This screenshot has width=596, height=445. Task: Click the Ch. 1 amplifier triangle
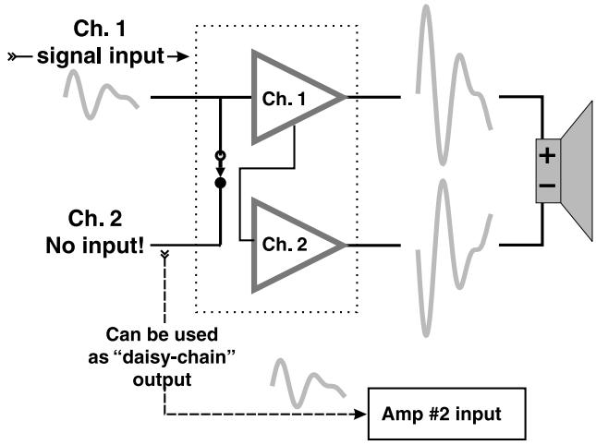pyautogui.click(x=255, y=97)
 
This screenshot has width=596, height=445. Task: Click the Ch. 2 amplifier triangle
pyautogui.click(x=255, y=245)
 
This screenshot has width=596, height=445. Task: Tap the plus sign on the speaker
pyautogui.click(x=547, y=156)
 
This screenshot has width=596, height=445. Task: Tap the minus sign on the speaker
pyautogui.click(x=547, y=186)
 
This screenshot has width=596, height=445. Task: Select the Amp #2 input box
pyautogui.click(x=446, y=414)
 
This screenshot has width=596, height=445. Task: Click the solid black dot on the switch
pyautogui.click(x=221, y=183)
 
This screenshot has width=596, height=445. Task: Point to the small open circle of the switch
pyautogui.click(x=221, y=156)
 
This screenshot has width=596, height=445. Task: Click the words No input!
pyautogui.click(x=95, y=246)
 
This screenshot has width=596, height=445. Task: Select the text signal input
pyautogui.click(x=101, y=56)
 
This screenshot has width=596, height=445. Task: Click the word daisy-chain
pyautogui.click(x=174, y=357)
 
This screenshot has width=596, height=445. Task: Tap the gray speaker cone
pyautogui.click(x=577, y=171)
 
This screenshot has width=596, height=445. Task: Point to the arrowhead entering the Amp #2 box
pyautogui.click(x=359, y=414)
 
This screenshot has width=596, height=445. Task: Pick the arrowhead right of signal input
pyautogui.click(x=184, y=57)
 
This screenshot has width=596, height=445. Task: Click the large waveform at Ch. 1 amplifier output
pyautogui.click(x=455, y=86)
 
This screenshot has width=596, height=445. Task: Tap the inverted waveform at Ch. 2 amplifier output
pyautogui.click(x=455, y=259)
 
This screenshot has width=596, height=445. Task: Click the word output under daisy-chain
pyautogui.click(x=162, y=379)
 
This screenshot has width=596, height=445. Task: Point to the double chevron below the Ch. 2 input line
pyautogui.click(x=164, y=254)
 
